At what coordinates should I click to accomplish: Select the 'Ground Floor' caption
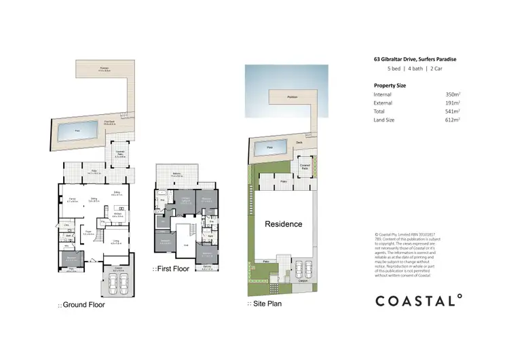point(83,305)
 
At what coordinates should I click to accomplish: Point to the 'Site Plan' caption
point(266,304)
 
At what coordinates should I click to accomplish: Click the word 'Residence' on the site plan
point(283,223)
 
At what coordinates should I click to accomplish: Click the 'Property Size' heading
point(390,85)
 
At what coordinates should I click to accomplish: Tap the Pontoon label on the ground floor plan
point(105,69)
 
